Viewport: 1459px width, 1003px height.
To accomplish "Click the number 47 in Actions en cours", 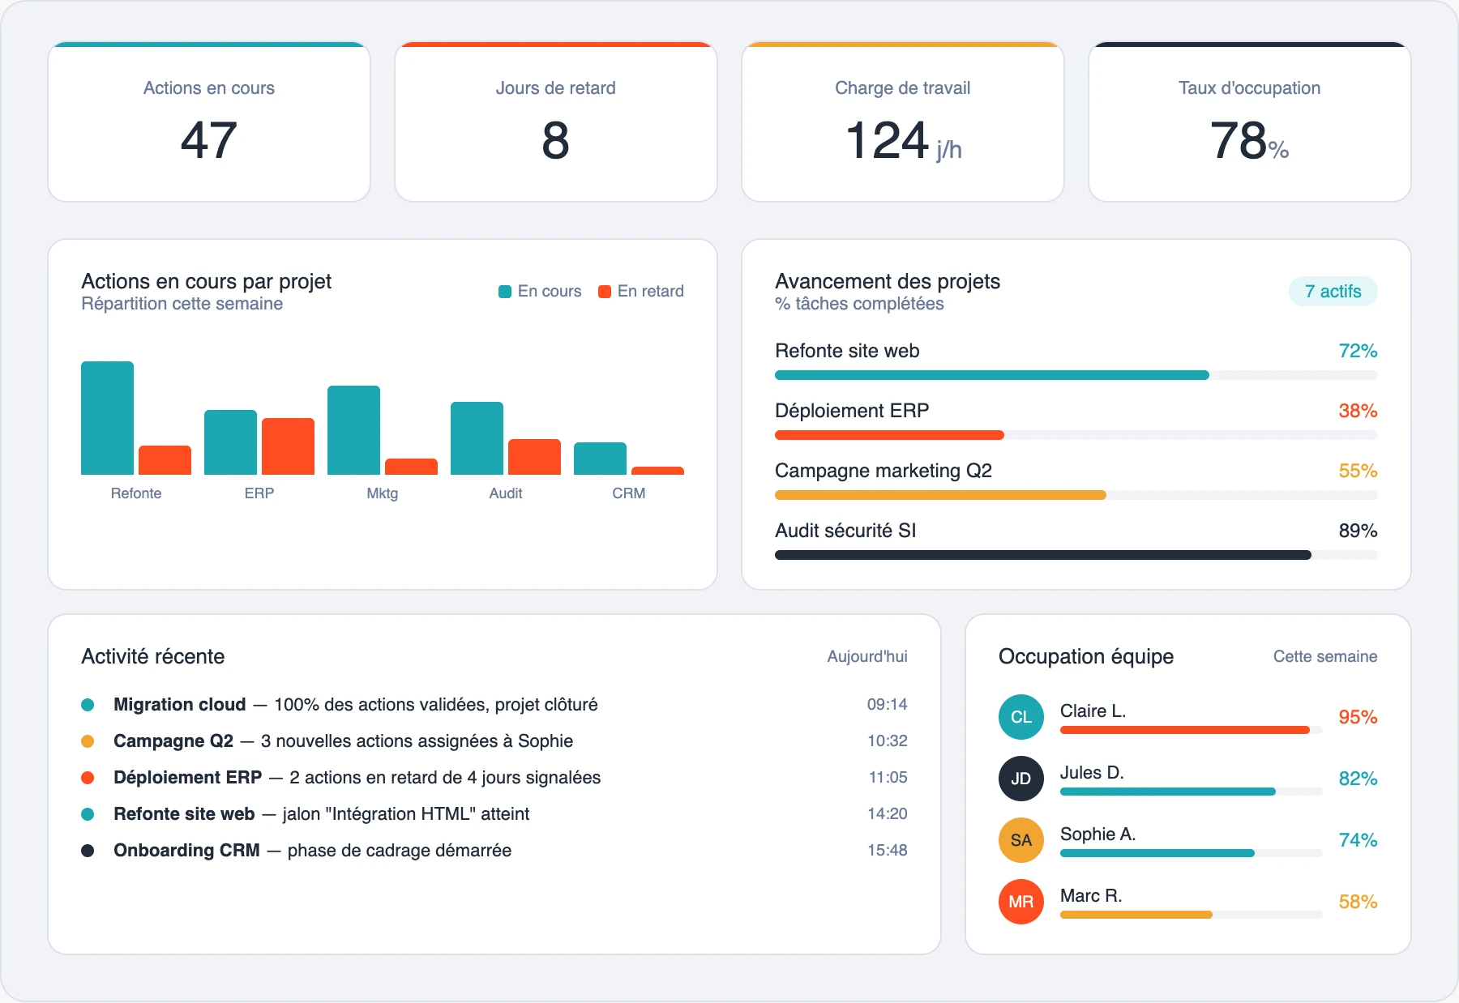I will [208, 140].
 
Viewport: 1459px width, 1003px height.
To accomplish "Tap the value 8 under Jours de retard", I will [555, 140].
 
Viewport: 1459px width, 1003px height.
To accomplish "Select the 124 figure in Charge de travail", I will [887, 140].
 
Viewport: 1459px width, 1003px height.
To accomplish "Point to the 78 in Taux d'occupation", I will [1238, 140].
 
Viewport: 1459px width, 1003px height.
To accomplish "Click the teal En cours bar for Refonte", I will [107, 418].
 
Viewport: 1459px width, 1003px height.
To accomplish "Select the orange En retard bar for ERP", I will [288, 446].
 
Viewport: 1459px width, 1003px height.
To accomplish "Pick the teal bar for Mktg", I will [353, 430].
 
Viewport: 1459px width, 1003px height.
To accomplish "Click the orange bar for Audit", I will [534, 457].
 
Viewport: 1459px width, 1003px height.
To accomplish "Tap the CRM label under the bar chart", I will [628, 493].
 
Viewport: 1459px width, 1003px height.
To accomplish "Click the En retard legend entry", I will [641, 291].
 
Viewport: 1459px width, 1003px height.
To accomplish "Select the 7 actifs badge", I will [1333, 291].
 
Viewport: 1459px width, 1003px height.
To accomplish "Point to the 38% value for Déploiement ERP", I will [1358, 411].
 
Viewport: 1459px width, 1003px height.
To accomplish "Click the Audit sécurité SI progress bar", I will [1042, 555].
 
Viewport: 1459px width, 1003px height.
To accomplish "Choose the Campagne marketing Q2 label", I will [883, 471].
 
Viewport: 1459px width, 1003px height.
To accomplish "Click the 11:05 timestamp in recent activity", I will [888, 777].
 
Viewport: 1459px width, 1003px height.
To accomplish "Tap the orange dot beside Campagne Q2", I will [88, 741].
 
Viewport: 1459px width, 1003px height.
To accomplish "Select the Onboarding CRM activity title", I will [186, 850].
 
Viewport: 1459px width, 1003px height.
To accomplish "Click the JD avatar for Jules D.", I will [1020, 779].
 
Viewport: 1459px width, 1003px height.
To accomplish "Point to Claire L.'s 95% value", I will [1358, 717].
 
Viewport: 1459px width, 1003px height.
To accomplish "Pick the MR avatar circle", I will [1020, 902].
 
